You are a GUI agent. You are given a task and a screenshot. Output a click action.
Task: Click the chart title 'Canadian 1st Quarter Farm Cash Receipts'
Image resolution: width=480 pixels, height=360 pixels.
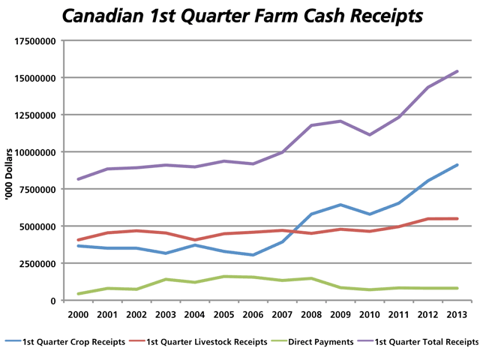241,15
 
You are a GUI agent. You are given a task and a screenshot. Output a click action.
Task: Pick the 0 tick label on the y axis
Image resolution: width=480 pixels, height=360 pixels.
54,301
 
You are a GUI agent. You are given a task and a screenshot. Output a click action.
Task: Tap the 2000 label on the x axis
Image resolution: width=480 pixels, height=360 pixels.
77,315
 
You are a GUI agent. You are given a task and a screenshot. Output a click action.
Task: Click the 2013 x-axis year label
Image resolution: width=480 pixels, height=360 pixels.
457,315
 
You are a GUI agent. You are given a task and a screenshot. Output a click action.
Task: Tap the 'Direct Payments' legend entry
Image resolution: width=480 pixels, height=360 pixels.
316,342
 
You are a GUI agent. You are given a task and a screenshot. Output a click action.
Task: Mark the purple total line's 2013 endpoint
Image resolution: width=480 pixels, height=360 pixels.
457,72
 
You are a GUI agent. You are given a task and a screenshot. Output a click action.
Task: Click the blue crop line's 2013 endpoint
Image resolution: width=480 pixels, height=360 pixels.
457,165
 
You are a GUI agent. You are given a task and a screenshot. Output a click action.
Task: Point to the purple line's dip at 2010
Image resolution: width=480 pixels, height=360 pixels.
368,135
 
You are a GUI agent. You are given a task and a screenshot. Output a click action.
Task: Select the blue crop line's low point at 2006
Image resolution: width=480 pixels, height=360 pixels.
253,255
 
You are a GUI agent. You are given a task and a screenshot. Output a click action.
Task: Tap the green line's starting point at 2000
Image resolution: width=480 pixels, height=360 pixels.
77,294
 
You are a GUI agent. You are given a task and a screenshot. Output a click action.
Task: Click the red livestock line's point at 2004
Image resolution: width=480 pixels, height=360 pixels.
194,240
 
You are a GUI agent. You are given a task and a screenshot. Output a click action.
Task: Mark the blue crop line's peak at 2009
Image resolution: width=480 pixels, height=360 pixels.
340,205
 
